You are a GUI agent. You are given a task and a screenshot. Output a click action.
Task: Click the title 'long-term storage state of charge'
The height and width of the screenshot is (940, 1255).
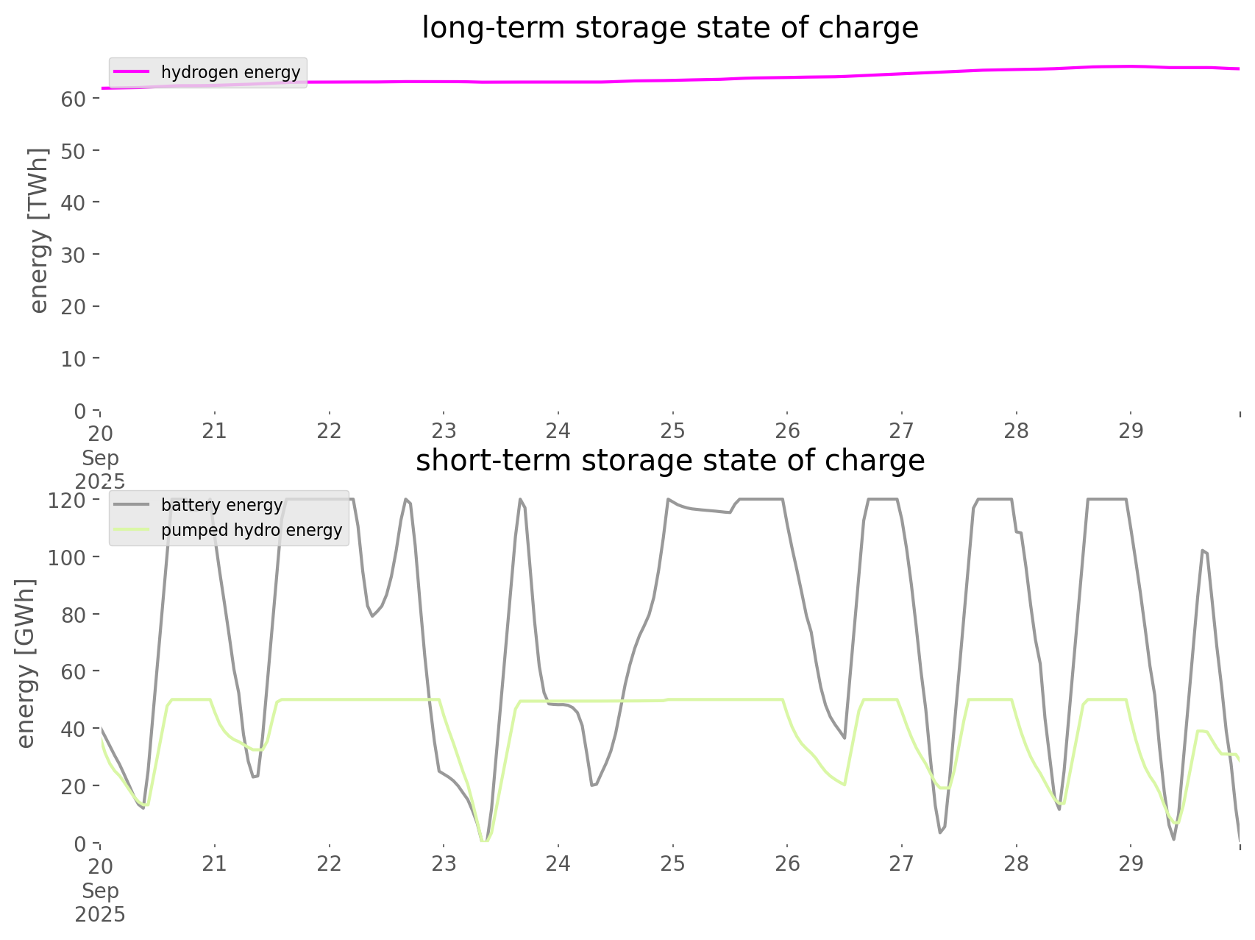(669, 28)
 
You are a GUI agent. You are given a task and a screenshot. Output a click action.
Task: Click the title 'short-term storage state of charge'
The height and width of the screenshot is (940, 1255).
(669, 461)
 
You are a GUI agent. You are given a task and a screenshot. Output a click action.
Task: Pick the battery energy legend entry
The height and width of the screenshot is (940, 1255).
(221, 505)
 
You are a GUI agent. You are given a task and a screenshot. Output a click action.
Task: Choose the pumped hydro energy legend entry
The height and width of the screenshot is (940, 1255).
(251, 530)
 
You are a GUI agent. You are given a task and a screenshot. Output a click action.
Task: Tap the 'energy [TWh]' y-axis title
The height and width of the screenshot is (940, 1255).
(39, 230)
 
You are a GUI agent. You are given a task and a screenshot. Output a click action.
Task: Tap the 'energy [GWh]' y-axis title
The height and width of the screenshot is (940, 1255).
(26, 663)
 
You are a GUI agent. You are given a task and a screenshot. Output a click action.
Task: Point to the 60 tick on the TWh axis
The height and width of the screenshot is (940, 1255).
(74, 99)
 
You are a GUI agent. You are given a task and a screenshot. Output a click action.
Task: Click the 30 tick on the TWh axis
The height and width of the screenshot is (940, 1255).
(74, 255)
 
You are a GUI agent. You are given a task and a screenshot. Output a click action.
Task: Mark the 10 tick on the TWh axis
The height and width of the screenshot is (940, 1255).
(74, 358)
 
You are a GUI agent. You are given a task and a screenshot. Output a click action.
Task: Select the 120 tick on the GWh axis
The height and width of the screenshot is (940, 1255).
(68, 501)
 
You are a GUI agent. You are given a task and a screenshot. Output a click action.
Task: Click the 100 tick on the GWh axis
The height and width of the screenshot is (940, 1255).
(68, 557)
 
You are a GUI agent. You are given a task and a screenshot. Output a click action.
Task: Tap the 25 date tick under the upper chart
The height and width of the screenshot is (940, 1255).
(672, 431)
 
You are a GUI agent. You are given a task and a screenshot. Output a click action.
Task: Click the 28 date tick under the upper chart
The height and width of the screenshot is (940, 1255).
(1016, 431)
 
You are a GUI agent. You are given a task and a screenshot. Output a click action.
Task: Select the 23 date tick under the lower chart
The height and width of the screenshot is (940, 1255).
(444, 863)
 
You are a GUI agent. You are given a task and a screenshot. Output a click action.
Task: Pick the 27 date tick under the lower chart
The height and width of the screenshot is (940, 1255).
(901, 863)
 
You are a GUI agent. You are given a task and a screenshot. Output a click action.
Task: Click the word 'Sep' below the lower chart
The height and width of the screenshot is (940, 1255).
(100, 891)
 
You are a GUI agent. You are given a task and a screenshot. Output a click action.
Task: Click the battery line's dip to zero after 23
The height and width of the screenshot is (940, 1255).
(483, 841)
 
